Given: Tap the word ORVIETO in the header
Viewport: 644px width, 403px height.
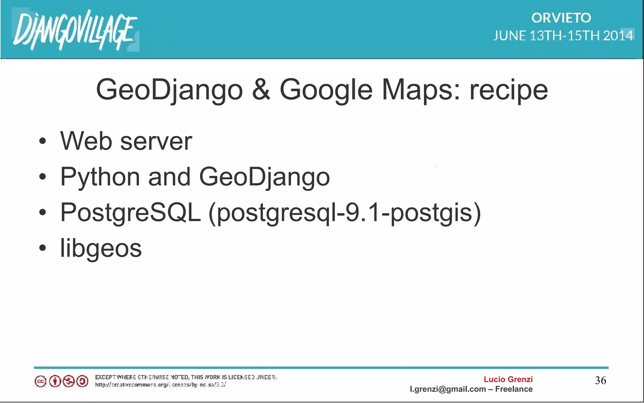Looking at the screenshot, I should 561,18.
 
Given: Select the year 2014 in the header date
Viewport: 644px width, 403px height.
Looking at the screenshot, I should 618,36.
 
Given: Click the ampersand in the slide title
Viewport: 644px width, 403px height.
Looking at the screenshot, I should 261,90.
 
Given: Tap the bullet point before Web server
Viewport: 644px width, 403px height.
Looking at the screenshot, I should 43,141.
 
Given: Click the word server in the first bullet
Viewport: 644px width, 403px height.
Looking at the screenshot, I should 156,141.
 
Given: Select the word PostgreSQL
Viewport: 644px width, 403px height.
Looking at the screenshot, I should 130,213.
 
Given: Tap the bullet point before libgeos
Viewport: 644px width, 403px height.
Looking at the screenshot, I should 43,248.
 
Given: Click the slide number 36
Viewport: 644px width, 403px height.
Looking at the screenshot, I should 600,380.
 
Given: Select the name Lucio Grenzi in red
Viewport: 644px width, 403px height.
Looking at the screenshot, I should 508,379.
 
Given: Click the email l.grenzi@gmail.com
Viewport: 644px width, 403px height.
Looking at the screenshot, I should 447,389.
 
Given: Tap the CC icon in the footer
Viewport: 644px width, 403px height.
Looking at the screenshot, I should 40,382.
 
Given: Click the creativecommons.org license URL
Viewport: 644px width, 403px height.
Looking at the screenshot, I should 160,385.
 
